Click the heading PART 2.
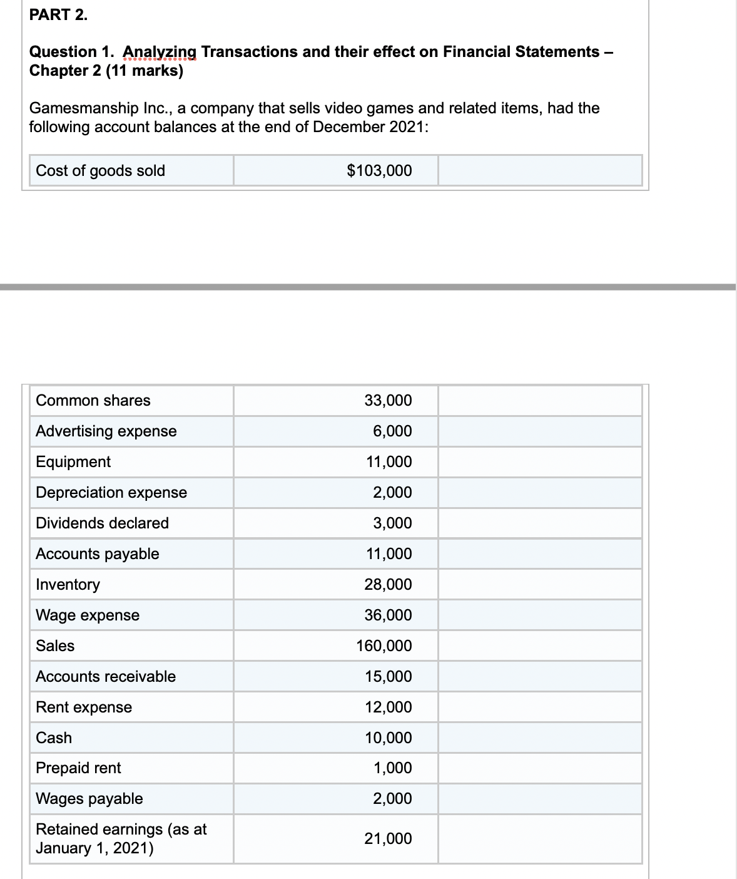59,16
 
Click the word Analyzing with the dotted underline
160,52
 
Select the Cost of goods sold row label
101,171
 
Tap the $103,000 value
379,171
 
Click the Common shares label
93,401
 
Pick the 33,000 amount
388,401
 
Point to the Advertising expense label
106,431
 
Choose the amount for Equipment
389,462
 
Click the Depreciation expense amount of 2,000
392,493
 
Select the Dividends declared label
103,523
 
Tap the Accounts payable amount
389,554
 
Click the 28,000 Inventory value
388,585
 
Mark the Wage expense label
88,615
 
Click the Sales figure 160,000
384,646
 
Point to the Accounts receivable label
106,677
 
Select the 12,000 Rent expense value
389,707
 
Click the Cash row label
54,738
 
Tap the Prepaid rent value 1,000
392,768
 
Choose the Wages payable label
89,799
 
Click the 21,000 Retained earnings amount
389,839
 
